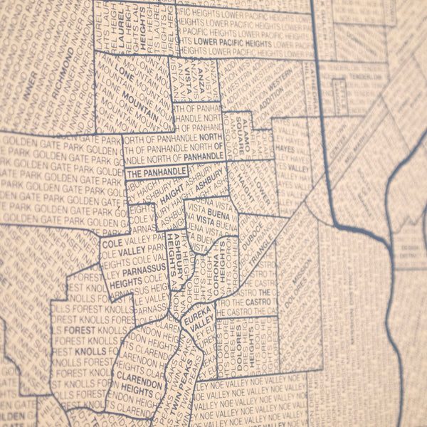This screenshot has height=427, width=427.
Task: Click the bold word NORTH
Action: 211,137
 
